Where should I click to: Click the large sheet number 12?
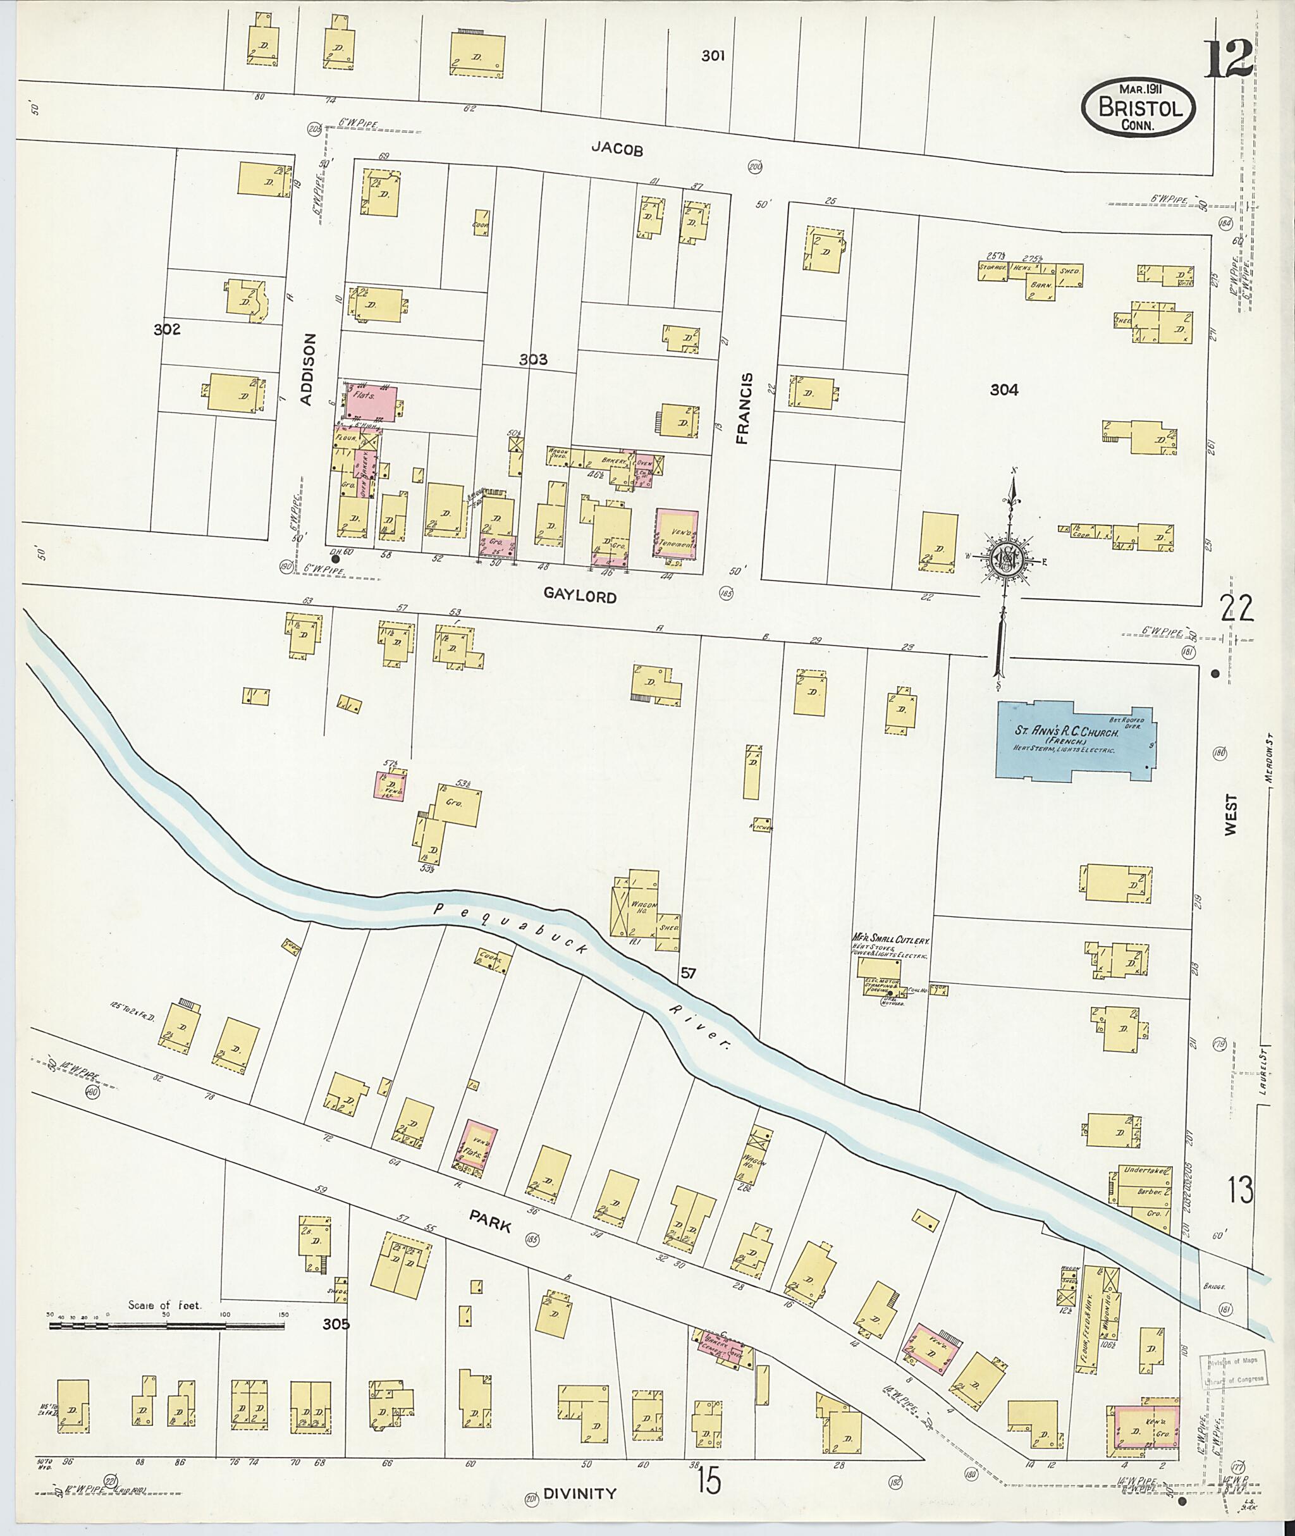tap(1227, 59)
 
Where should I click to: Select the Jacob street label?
tap(617, 150)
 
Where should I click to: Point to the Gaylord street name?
tap(580, 597)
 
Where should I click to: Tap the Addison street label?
tap(309, 369)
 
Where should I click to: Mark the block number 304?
tap(1003, 390)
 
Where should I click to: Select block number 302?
tap(167, 329)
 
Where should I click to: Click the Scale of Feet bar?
tap(167, 1326)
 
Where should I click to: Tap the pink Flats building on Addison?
tap(371, 401)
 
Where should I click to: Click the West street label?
tap(1231, 813)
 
